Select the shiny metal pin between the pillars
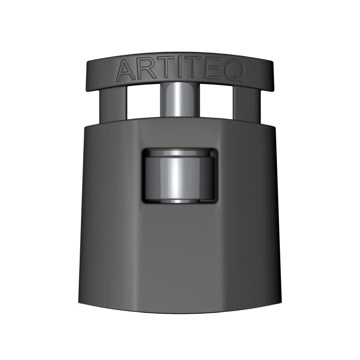click(180, 100)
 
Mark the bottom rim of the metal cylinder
click(180, 200)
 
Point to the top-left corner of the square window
click(143, 150)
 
